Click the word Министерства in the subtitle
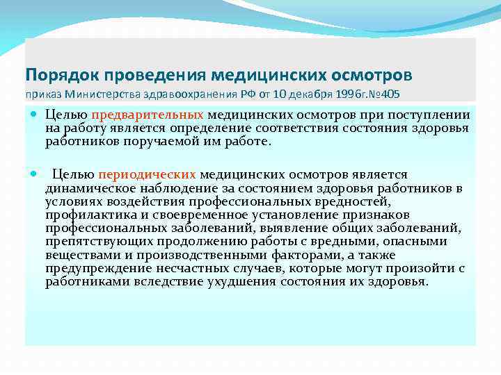(99, 93)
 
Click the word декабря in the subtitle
(308, 93)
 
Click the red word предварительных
(151, 115)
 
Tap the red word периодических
(148, 174)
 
